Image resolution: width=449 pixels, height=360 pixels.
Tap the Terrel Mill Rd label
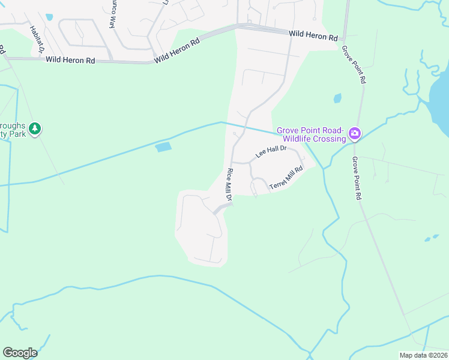coord(286,179)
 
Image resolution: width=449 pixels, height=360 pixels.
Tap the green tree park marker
coord(35,128)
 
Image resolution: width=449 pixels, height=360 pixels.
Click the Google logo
coord(20,353)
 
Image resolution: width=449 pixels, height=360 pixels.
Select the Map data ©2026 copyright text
coord(423,355)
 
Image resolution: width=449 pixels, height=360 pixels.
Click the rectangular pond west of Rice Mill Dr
coord(163,147)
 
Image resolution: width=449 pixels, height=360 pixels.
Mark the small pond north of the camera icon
coord(337,98)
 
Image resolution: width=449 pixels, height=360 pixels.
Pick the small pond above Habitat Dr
coord(49,17)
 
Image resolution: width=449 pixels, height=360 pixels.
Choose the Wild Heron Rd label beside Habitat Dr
coord(70,60)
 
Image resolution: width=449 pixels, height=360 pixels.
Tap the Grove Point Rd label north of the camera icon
coord(354,64)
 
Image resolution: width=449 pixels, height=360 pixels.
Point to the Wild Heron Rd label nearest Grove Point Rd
coord(313,36)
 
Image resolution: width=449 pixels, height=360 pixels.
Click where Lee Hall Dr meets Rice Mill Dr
coord(232,162)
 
